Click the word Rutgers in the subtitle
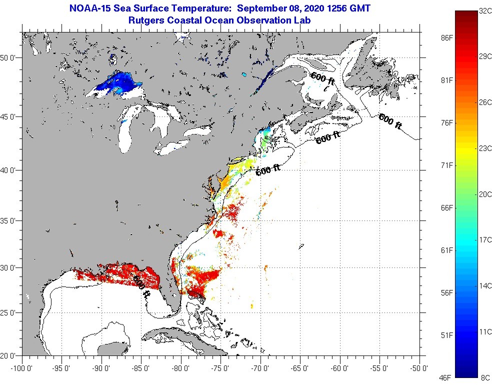[146, 20]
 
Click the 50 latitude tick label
[9, 57]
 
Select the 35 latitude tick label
[9, 220]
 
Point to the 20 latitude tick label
[9, 355]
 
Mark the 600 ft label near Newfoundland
[390, 121]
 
